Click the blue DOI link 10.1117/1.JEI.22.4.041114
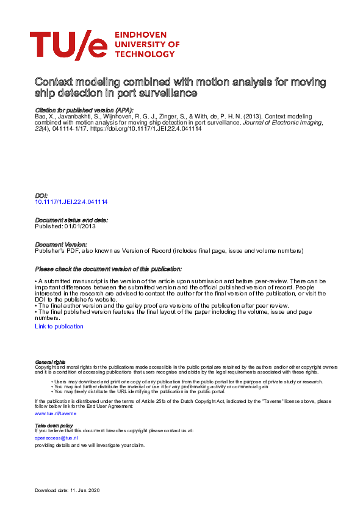point(71,202)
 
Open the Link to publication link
point(59,327)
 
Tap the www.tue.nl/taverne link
point(56,413)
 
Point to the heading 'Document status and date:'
point(71,220)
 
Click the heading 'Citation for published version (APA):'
point(84,109)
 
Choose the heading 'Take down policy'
point(54,425)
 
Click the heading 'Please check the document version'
point(108,269)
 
